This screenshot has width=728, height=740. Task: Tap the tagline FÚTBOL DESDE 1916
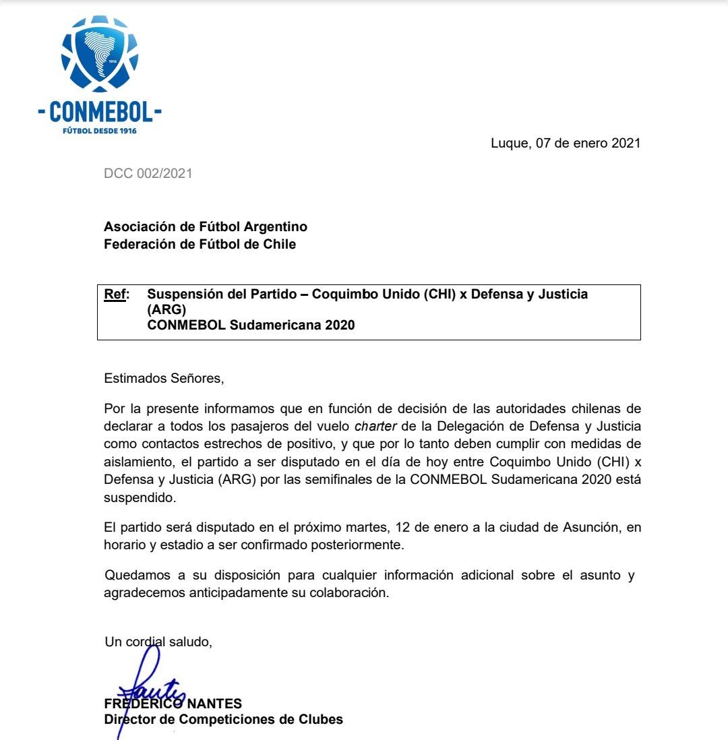pos(99,130)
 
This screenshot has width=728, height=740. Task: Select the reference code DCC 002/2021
pos(148,173)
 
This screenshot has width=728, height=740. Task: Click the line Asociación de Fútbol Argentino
pos(206,227)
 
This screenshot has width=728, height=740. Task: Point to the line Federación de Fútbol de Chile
pos(200,244)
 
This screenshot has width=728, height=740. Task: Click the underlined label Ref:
pos(116,295)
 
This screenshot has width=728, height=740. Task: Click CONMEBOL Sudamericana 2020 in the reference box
pos(251,326)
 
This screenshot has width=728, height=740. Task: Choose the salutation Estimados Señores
pos(164,378)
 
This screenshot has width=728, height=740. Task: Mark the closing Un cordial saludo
pos(158,642)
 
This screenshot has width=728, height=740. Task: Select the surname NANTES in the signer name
pos(214,704)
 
